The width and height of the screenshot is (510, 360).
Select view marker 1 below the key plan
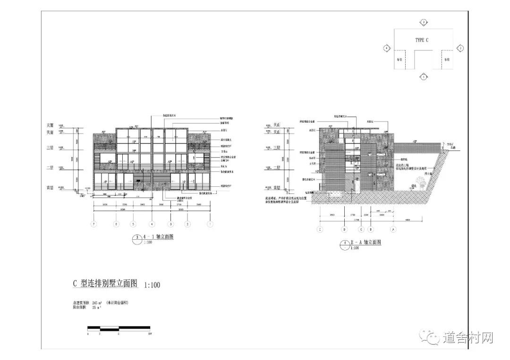click(424, 76)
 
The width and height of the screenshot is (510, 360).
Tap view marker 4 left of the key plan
click(387, 48)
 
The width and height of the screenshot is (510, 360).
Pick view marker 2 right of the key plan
click(460, 48)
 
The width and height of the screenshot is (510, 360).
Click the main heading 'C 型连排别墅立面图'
click(104, 284)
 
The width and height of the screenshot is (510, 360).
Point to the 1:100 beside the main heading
click(152, 285)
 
